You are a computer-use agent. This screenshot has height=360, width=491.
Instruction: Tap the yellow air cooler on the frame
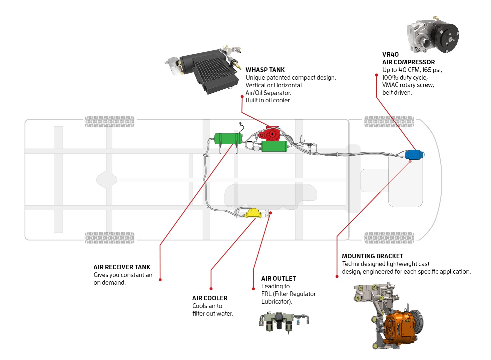(x=254, y=213)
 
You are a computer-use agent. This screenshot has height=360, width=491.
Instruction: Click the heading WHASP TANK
(x=265, y=70)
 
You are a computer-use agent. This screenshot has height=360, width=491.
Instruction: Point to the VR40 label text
(x=390, y=54)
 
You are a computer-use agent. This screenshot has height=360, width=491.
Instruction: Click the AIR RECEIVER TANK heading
(x=122, y=267)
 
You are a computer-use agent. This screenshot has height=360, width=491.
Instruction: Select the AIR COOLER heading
(x=210, y=298)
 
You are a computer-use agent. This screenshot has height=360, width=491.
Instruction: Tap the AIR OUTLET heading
(x=279, y=278)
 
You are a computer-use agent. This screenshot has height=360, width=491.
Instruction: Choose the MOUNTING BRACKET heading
(x=372, y=256)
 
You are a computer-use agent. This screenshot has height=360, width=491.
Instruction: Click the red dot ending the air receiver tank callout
(x=160, y=280)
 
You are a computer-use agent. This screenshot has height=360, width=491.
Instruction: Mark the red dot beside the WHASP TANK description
(x=242, y=97)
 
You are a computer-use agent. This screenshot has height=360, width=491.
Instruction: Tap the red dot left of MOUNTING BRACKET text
(x=337, y=276)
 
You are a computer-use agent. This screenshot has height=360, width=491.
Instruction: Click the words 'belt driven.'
(x=397, y=93)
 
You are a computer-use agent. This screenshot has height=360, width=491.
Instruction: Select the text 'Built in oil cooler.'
(x=268, y=100)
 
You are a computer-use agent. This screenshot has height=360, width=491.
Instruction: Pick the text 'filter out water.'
(x=212, y=313)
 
